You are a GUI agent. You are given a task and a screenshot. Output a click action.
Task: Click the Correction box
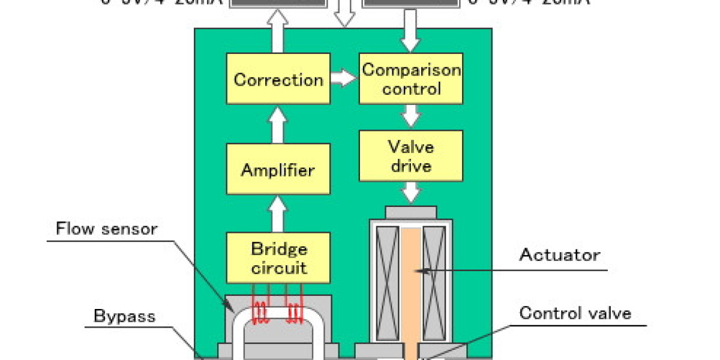278,79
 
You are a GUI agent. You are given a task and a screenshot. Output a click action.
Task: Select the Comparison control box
411,79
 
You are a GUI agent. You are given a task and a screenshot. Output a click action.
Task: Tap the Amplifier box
278,170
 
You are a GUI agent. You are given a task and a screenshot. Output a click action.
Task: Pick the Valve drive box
411,155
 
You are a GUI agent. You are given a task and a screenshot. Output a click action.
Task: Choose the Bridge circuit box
278,258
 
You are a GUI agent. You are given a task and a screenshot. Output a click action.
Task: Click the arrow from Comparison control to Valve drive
411,116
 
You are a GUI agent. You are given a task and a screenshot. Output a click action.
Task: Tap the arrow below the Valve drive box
411,193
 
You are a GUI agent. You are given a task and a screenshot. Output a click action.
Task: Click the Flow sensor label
107,229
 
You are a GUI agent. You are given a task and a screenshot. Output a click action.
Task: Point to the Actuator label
559,255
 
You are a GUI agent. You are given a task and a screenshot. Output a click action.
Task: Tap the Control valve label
575,313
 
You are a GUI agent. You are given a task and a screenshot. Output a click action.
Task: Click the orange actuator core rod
412,288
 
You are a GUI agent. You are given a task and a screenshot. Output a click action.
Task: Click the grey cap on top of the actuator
411,211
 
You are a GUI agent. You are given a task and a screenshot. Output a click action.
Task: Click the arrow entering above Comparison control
411,37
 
